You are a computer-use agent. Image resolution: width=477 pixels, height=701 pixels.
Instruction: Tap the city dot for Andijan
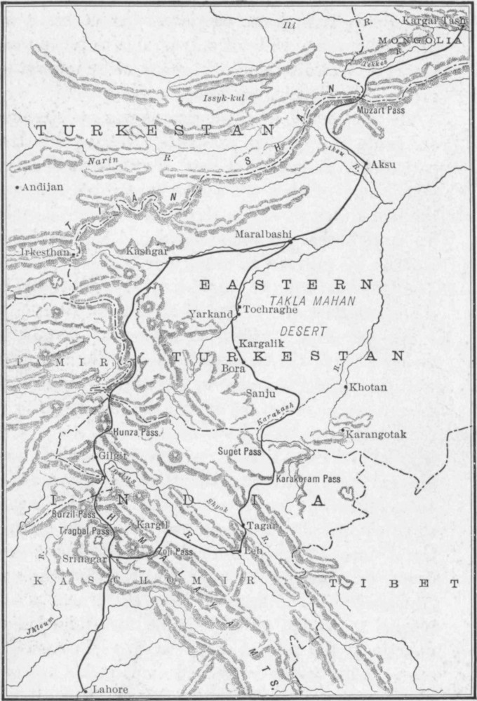(18, 187)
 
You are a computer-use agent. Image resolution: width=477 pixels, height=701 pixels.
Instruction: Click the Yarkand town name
(210, 314)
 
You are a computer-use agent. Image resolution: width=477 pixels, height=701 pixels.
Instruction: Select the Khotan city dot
(346, 386)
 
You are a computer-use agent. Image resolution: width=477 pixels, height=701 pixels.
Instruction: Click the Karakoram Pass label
(309, 479)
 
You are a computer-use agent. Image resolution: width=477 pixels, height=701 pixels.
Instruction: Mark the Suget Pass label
(239, 452)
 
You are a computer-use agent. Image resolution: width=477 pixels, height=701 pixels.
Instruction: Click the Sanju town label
(257, 394)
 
